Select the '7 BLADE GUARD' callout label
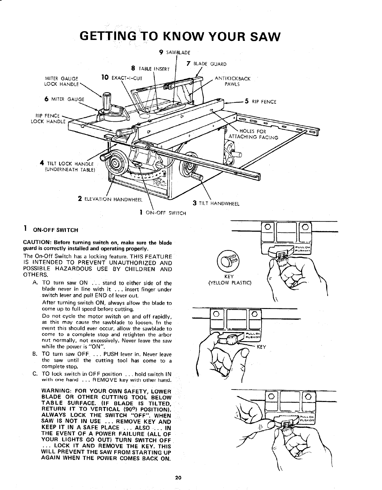pyautogui.click(x=206, y=64)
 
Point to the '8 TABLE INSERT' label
pyautogui.click(x=150, y=68)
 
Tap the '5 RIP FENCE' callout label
pyautogui.click(x=261, y=101)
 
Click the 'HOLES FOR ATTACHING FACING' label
pyautogui.click(x=253, y=134)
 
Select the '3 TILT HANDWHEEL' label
pyautogui.click(x=216, y=203)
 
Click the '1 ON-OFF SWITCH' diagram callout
pyautogui.click(x=163, y=213)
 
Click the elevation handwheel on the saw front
pyautogui.click(x=115, y=163)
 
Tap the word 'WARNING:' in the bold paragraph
pyautogui.click(x=56, y=391)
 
